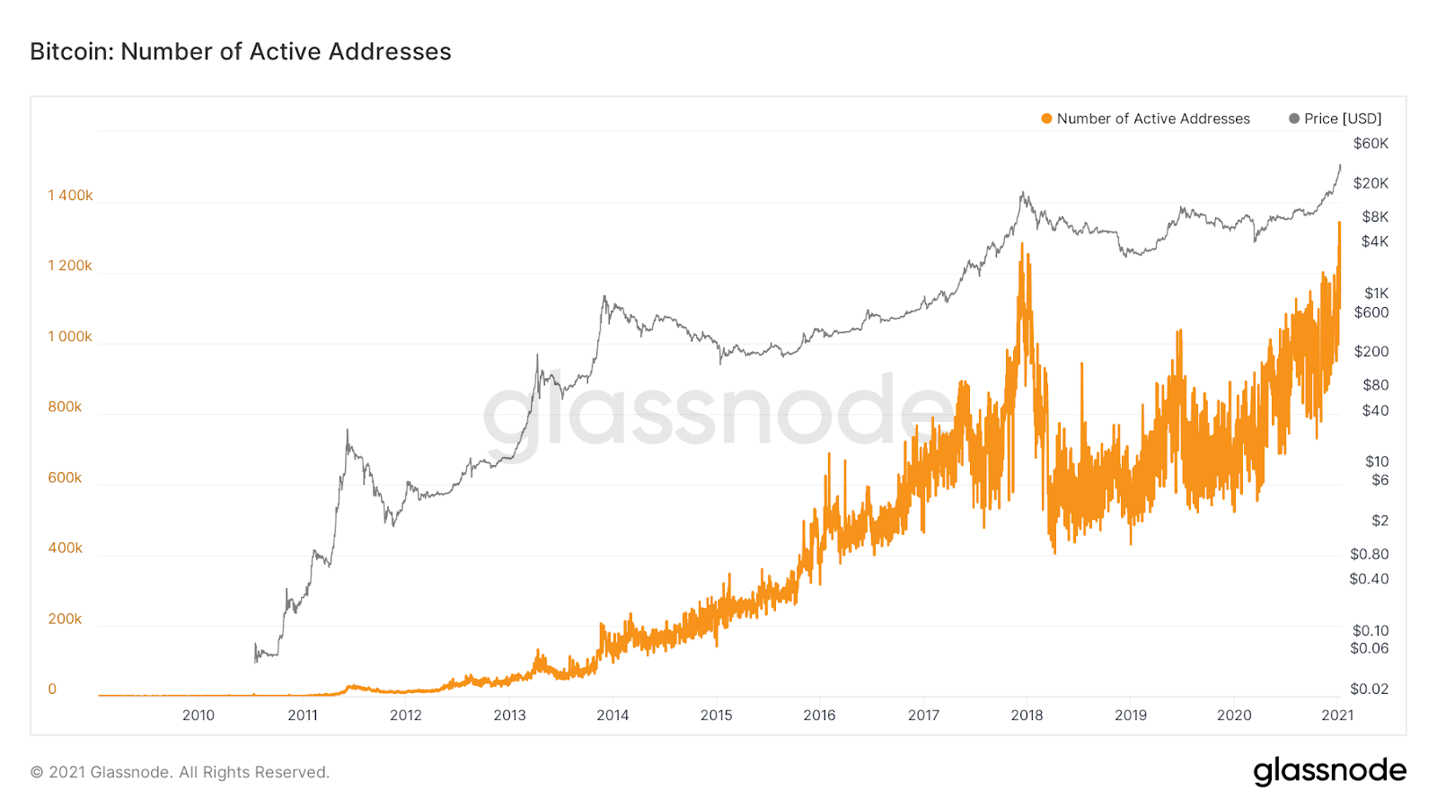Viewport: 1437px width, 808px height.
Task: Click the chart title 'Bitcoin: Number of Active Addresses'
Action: point(241,52)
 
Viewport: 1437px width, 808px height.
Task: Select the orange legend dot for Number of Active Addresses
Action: point(1046,119)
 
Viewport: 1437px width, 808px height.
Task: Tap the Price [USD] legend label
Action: point(1343,119)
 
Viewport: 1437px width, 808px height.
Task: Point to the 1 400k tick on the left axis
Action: point(70,196)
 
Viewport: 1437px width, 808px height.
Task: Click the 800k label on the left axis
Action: point(65,407)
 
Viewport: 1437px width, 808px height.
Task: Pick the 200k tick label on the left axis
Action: point(65,619)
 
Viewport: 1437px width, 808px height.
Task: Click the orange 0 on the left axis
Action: point(52,689)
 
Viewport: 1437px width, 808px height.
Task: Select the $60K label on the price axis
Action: point(1371,144)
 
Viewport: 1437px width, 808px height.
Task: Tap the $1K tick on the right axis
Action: point(1376,294)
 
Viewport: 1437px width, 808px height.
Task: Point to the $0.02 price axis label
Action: point(1369,689)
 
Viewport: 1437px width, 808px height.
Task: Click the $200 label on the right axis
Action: point(1371,352)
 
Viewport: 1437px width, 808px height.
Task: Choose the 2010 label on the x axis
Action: point(198,716)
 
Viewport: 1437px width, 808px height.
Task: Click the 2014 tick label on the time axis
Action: point(613,716)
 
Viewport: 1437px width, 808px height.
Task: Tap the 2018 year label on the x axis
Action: point(1027,716)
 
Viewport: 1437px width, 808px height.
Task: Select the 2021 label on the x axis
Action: point(1337,716)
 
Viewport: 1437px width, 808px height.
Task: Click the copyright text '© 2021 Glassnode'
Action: point(180,772)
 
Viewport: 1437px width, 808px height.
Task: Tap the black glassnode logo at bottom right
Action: point(1329,771)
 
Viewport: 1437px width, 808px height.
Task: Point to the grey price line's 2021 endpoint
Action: point(1340,165)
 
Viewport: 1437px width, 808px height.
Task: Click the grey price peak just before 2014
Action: point(604,296)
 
